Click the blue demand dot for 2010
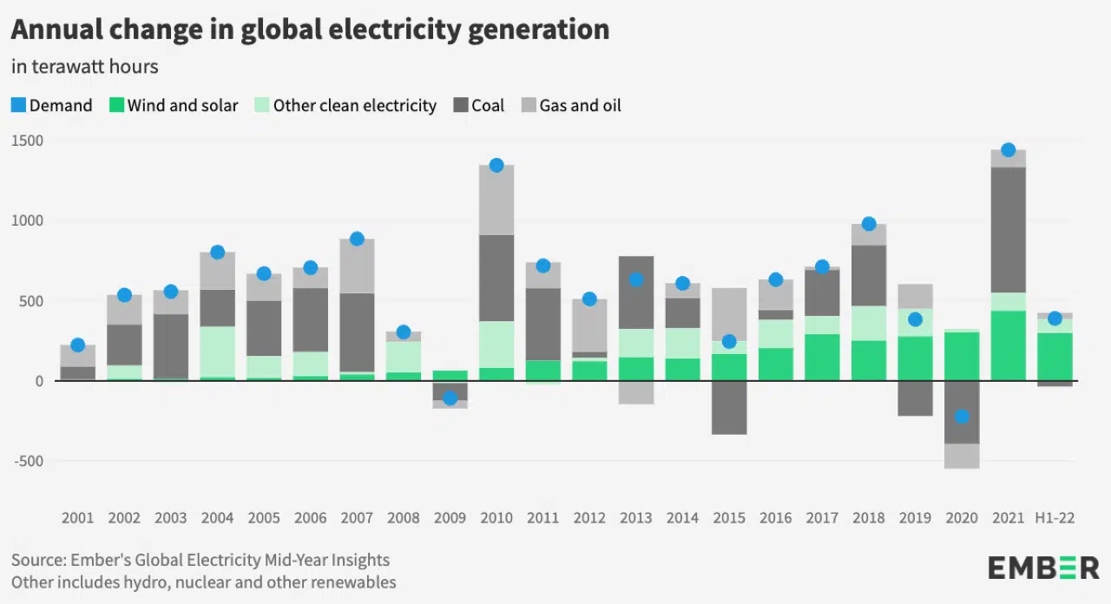click(x=496, y=165)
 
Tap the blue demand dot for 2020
click(x=962, y=417)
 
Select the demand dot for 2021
click(x=1008, y=150)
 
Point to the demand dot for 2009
click(x=450, y=398)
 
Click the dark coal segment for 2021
click(x=1008, y=230)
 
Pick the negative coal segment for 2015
click(x=729, y=407)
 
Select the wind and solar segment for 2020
click(x=962, y=356)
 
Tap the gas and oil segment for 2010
click(x=496, y=200)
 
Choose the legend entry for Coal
click(x=478, y=106)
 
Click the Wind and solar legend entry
click(x=174, y=106)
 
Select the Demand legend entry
click(x=51, y=106)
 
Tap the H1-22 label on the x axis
click(x=1055, y=518)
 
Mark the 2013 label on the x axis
click(x=636, y=518)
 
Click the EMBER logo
click(x=1043, y=568)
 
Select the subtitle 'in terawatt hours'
click(x=84, y=66)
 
